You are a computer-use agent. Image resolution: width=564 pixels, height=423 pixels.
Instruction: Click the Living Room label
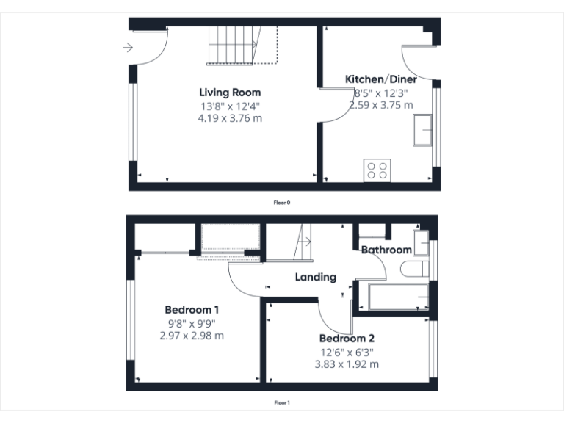click(x=230, y=93)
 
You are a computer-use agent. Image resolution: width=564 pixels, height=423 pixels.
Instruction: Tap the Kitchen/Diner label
click(x=381, y=79)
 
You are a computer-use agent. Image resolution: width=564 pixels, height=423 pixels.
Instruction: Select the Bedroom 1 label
click(x=192, y=309)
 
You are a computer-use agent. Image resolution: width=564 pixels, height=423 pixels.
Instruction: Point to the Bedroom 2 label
click(x=347, y=339)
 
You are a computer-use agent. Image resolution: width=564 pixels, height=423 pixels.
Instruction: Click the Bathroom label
click(x=386, y=250)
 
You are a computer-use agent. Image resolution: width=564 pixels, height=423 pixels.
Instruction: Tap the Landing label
click(x=316, y=277)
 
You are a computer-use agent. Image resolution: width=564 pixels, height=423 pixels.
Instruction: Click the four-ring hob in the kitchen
click(x=377, y=170)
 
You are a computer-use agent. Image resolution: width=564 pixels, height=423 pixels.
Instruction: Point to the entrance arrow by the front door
click(x=128, y=48)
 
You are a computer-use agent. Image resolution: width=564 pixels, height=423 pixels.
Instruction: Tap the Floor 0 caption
click(x=282, y=202)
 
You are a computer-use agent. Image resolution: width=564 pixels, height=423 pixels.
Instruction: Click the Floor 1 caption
click(x=282, y=402)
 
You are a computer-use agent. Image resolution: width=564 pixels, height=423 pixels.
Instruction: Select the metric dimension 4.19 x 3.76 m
click(x=230, y=117)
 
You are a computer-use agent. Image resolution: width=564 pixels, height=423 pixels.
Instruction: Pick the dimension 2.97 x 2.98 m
click(x=192, y=335)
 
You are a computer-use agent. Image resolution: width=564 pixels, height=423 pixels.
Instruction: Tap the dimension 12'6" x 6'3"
click(x=347, y=352)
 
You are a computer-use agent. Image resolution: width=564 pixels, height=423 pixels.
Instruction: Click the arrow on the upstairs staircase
click(x=306, y=242)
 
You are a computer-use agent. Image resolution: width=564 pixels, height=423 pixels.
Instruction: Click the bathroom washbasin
click(x=421, y=242)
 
